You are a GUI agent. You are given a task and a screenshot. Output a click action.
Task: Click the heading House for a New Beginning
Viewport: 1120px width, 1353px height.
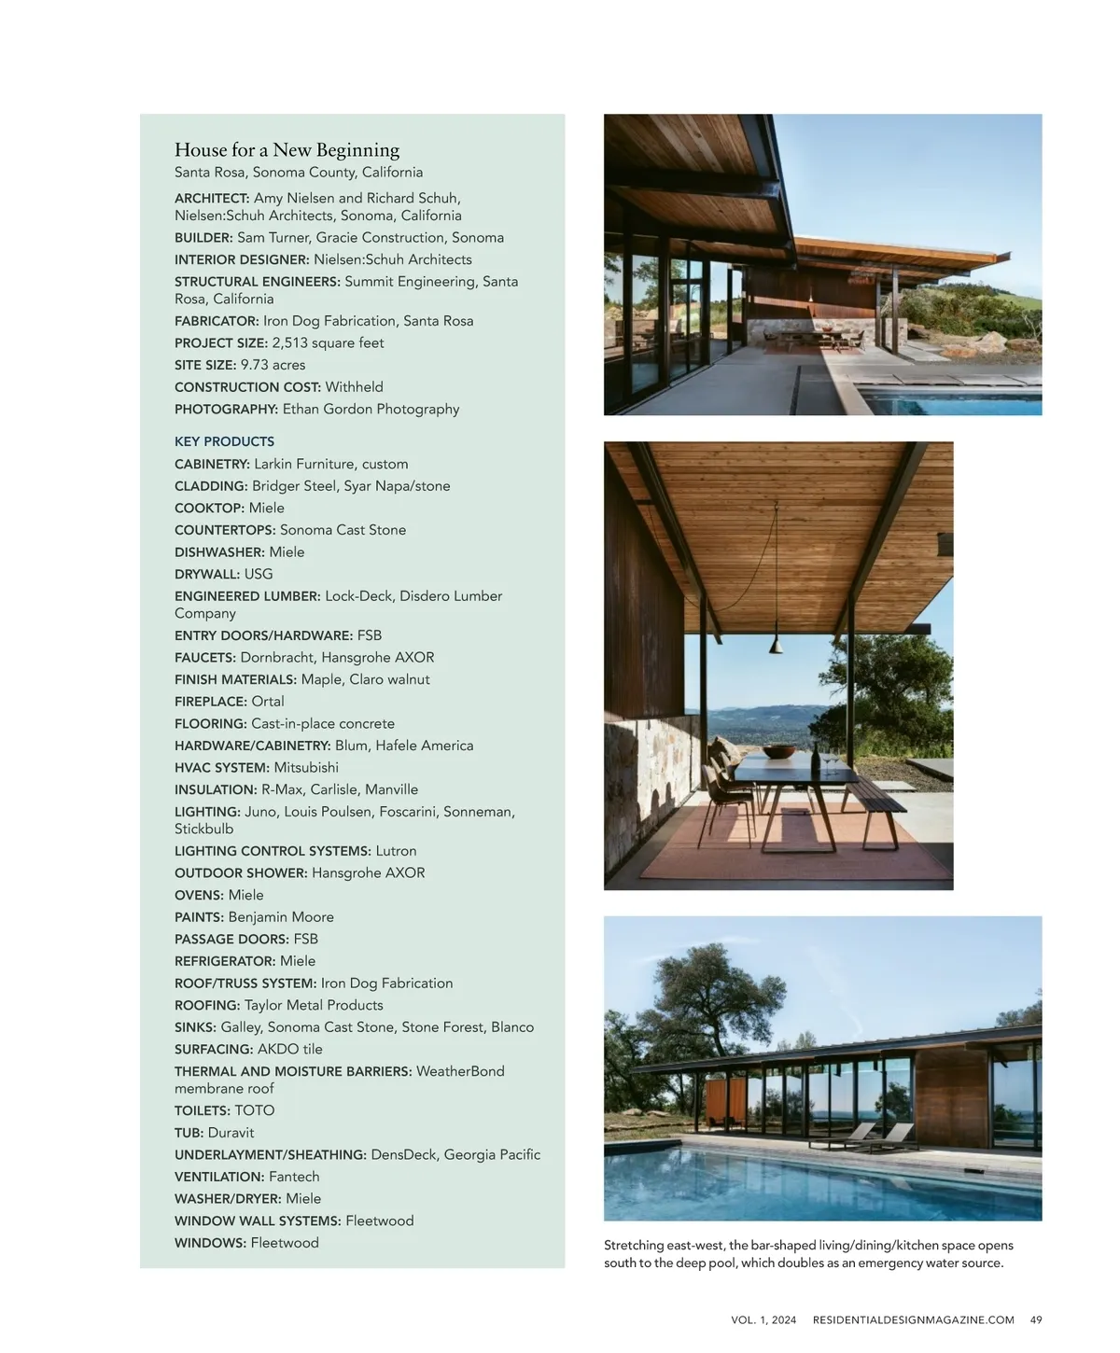pyautogui.click(x=287, y=150)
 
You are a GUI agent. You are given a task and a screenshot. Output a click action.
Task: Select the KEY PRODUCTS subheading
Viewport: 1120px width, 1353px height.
pyautogui.click(x=224, y=441)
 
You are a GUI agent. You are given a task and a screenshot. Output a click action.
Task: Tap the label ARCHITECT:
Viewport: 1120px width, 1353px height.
pyautogui.click(x=212, y=198)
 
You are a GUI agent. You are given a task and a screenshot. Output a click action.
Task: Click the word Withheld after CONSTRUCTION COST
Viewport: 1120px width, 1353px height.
pyautogui.click(x=354, y=387)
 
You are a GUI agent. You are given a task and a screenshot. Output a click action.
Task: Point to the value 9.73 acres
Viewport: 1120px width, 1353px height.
pyautogui.click(x=273, y=365)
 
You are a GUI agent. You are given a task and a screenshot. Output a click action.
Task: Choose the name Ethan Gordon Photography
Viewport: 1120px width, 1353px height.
pyautogui.click(x=371, y=409)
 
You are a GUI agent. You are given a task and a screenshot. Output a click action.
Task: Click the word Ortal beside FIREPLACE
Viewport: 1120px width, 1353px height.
pyautogui.click(x=268, y=702)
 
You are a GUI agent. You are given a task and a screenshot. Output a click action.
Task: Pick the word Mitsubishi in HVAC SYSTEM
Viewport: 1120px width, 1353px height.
pyautogui.click(x=306, y=768)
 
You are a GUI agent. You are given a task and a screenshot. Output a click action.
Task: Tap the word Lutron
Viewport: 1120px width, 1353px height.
pyautogui.click(x=396, y=851)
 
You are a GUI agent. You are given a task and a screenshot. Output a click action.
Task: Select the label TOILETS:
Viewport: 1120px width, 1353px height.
pyautogui.click(x=203, y=1110)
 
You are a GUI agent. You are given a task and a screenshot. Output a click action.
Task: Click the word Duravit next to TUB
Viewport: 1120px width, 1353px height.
pyautogui.click(x=231, y=1133)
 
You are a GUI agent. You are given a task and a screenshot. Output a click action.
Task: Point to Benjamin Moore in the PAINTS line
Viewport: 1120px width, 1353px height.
pyautogui.click(x=281, y=917)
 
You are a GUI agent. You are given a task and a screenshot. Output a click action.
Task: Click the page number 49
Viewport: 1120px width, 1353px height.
pyautogui.click(x=1036, y=1319)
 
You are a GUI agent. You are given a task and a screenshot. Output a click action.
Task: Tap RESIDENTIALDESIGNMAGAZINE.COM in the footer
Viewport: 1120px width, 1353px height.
pyautogui.click(x=913, y=1319)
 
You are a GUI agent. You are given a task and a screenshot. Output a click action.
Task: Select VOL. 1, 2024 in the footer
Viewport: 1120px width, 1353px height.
pyautogui.click(x=763, y=1319)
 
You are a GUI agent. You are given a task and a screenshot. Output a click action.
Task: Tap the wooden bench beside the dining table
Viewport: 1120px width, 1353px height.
pyautogui.click(x=876, y=803)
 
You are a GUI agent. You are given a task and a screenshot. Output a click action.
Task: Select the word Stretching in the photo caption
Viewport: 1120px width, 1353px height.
pyautogui.click(x=636, y=1246)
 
